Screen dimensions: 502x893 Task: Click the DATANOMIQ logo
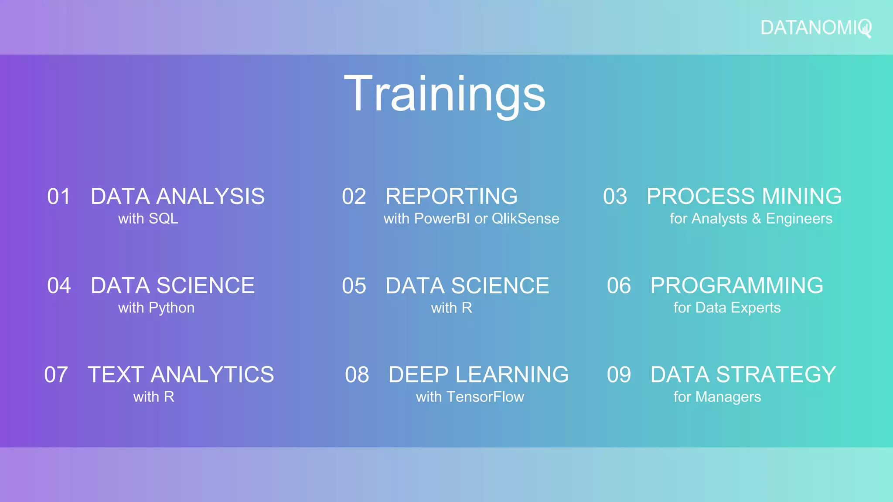click(815, 28)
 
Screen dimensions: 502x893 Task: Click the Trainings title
click(444, 93)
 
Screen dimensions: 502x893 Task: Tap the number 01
click(58, 197)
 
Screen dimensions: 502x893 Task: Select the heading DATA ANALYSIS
click(177, 197)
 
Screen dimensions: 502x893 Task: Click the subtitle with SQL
click(148, 218)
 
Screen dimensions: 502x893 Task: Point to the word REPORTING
click(451, 197)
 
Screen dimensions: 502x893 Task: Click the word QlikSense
click(525, 218)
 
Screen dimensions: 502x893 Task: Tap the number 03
click(615, 197)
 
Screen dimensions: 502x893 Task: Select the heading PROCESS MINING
click(744, 197)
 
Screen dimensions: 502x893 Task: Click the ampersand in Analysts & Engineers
click(757, 218)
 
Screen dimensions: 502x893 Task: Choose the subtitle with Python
click(156, 308)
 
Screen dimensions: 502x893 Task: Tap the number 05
click(354, 286)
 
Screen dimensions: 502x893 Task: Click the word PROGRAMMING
click(736, 286)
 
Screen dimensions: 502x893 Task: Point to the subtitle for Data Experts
click(727, 308)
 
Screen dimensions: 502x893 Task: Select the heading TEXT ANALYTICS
click(181, 375)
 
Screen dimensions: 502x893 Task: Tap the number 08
click(357, 375)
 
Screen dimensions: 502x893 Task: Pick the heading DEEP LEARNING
click(478, 375)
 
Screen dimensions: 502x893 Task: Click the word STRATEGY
click(776, 375)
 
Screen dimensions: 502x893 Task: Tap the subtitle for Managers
click(717, 397)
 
